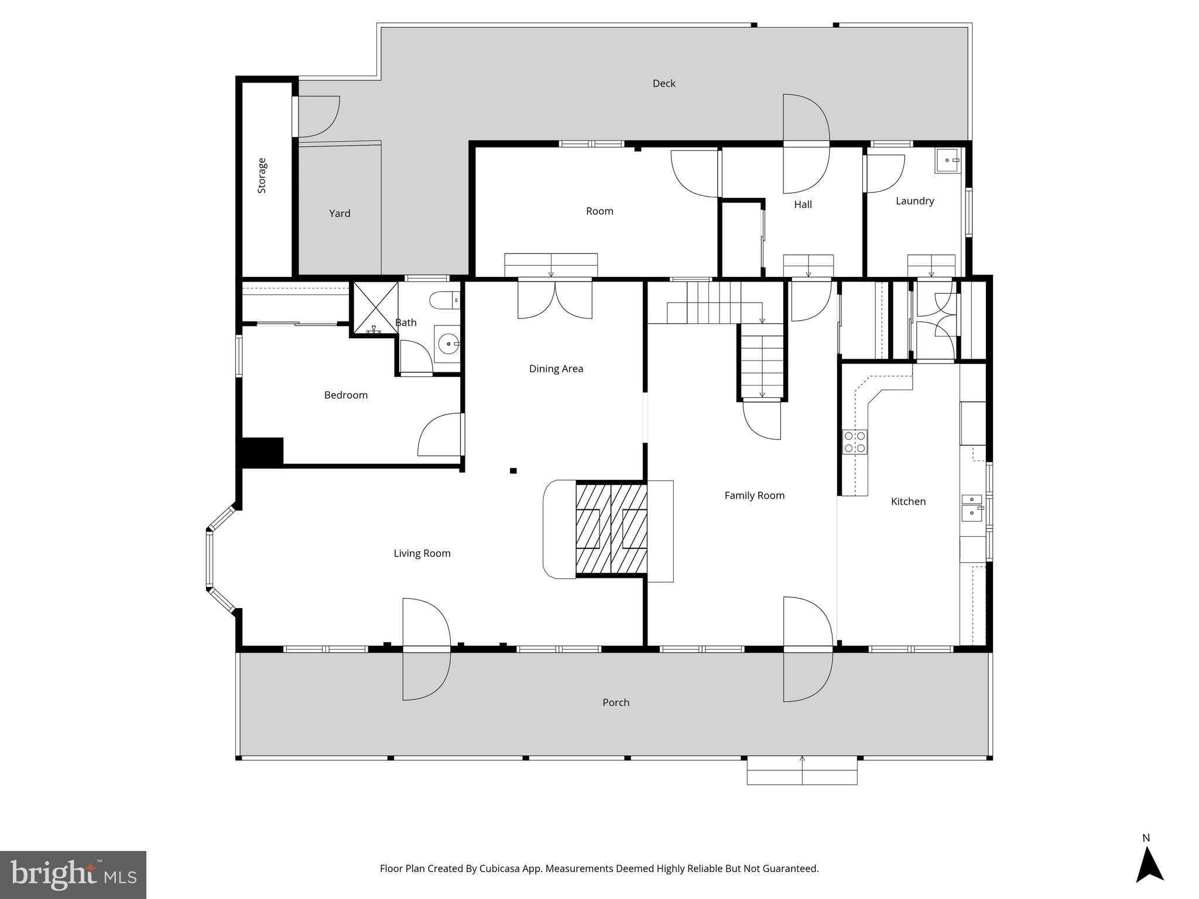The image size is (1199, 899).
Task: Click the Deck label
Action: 664,84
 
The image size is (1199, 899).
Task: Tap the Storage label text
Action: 262,176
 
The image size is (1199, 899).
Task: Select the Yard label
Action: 340,214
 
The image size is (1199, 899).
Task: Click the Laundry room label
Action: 914,201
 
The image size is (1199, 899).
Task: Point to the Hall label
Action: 803,204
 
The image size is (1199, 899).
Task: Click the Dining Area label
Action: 556,369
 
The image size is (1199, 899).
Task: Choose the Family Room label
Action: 754,496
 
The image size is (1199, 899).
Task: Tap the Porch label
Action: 616,702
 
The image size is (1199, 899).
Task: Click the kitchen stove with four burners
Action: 855,442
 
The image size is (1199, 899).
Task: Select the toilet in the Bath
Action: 444,301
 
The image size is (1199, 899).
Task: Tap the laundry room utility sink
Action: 947,160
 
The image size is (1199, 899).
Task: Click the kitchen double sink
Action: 972,507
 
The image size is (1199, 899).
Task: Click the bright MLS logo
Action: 73,874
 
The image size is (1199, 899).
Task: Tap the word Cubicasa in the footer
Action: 501,869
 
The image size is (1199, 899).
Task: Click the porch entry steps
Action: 801,770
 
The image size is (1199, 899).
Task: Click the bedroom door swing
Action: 439,435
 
